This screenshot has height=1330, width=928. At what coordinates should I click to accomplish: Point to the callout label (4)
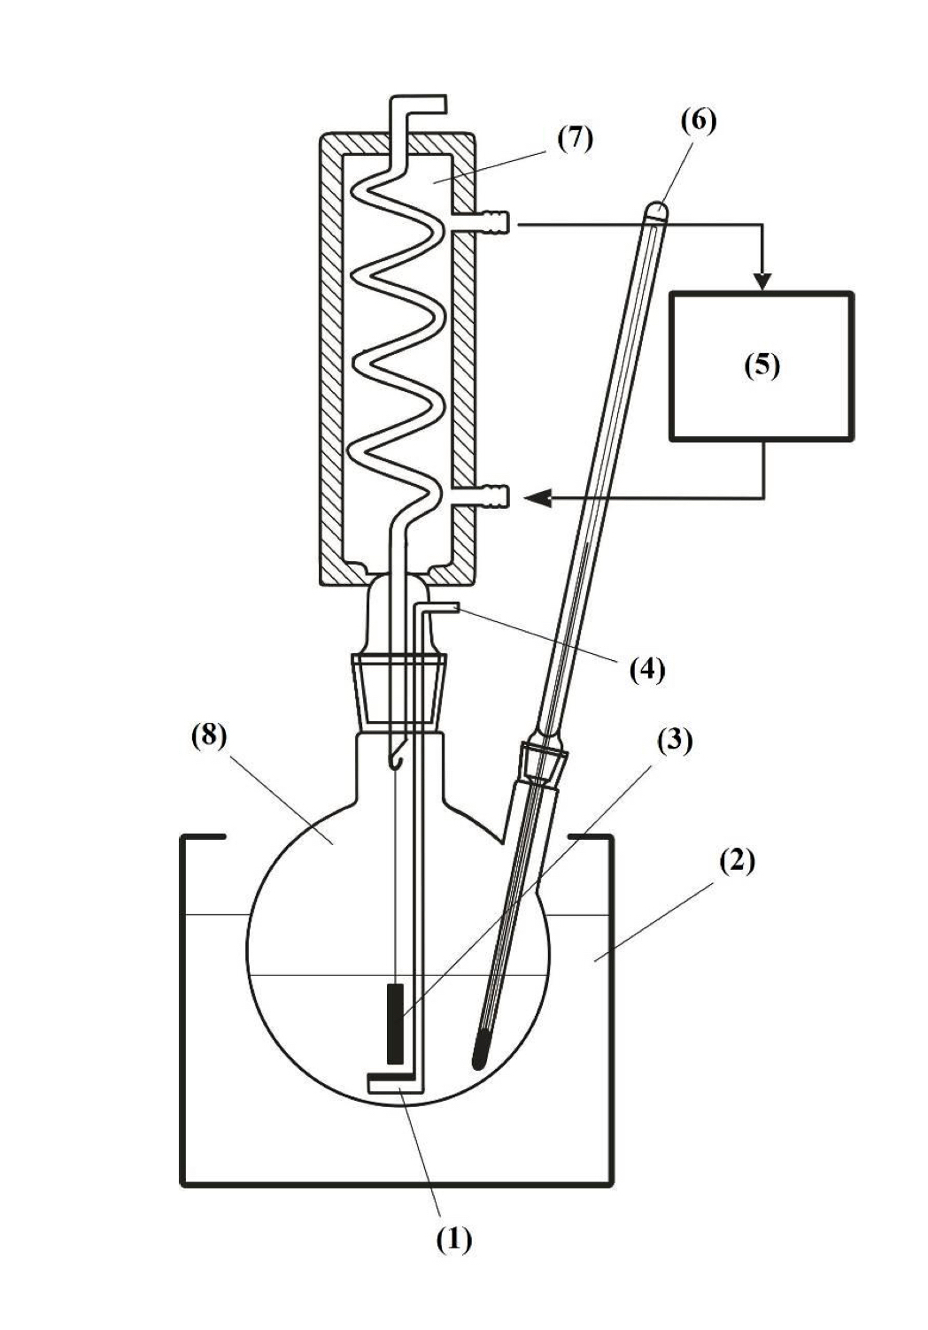[x=647, y=670]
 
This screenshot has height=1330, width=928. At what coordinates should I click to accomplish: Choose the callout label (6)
[x=698, y=119]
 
